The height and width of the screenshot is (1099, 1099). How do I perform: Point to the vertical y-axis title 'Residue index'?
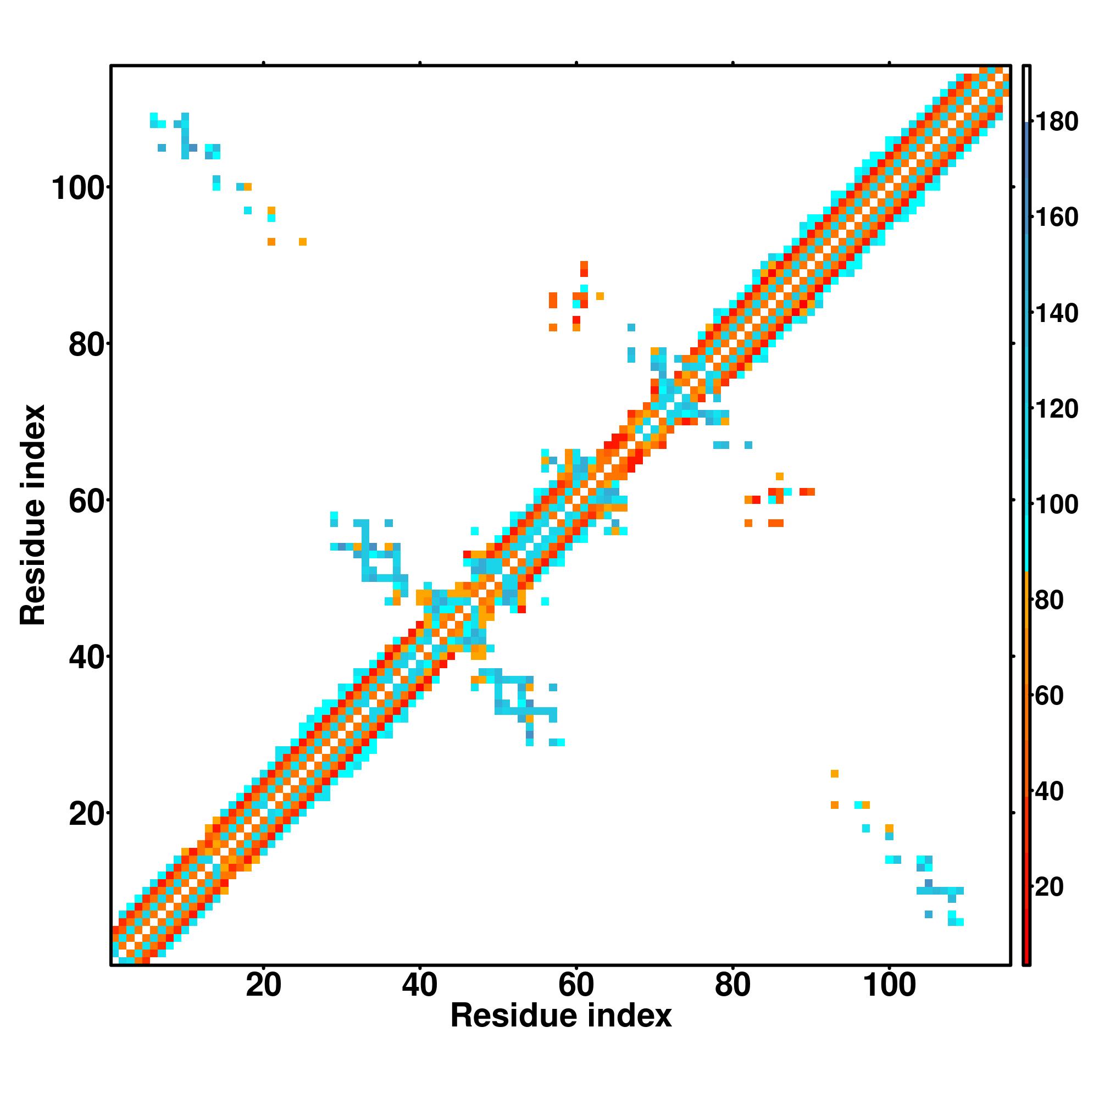[33, 515]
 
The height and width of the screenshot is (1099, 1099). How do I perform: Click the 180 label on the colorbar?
[1056, 122]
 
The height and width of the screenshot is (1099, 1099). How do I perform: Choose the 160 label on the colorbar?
[1056, 217]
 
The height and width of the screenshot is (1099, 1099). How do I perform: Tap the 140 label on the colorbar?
[1056, 313]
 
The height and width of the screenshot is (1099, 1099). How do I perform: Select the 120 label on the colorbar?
[1056, 408]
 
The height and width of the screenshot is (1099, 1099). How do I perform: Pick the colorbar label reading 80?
[1049, 600]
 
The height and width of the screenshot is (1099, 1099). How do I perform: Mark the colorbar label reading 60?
[1049, 695]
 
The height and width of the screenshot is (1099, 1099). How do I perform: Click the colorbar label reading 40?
[1049, 791]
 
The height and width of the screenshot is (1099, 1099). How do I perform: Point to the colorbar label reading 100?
[1056, 504]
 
